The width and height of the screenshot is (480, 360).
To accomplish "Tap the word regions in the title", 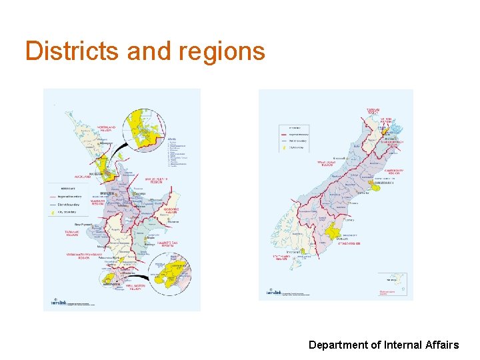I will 221,51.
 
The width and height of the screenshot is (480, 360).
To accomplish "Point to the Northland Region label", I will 105,128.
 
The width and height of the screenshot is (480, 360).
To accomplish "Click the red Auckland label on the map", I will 82,177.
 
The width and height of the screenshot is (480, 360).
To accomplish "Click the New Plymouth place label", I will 83,225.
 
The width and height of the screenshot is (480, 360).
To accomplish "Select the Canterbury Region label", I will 393,171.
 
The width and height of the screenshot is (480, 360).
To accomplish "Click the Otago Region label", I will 349,245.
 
